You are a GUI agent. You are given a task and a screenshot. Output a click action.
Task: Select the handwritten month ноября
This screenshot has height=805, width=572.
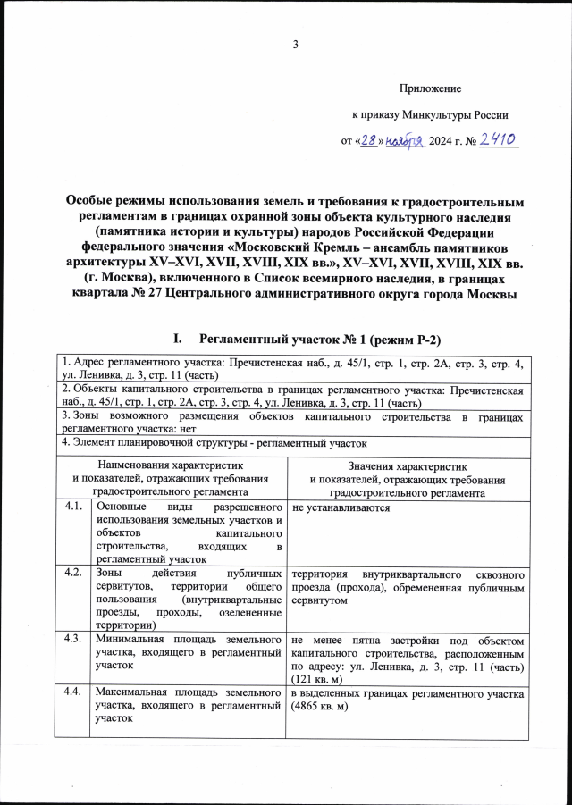[x=405, y=141]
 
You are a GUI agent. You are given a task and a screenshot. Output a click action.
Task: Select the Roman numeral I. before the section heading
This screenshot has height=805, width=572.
[x=179, y=340]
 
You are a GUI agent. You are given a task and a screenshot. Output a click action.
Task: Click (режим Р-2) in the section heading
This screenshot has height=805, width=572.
[x=400, y=340]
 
